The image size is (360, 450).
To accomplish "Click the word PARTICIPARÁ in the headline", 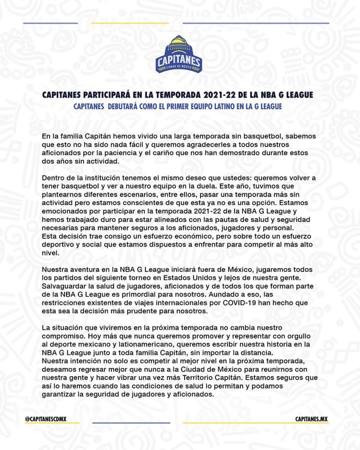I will (x=120, y=94).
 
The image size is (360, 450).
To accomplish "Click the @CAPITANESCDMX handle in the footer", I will (x=46, y=418).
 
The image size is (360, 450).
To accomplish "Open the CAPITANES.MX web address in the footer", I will (x=311, y=418).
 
